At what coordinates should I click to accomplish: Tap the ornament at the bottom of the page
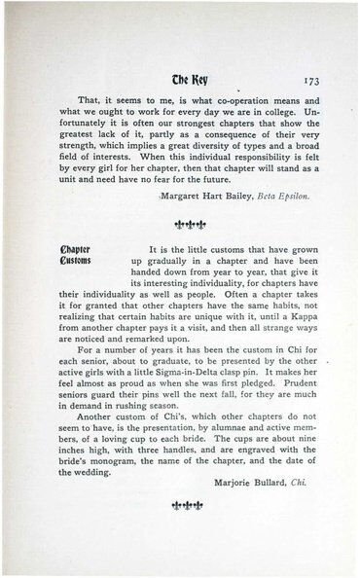point(179,506)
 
